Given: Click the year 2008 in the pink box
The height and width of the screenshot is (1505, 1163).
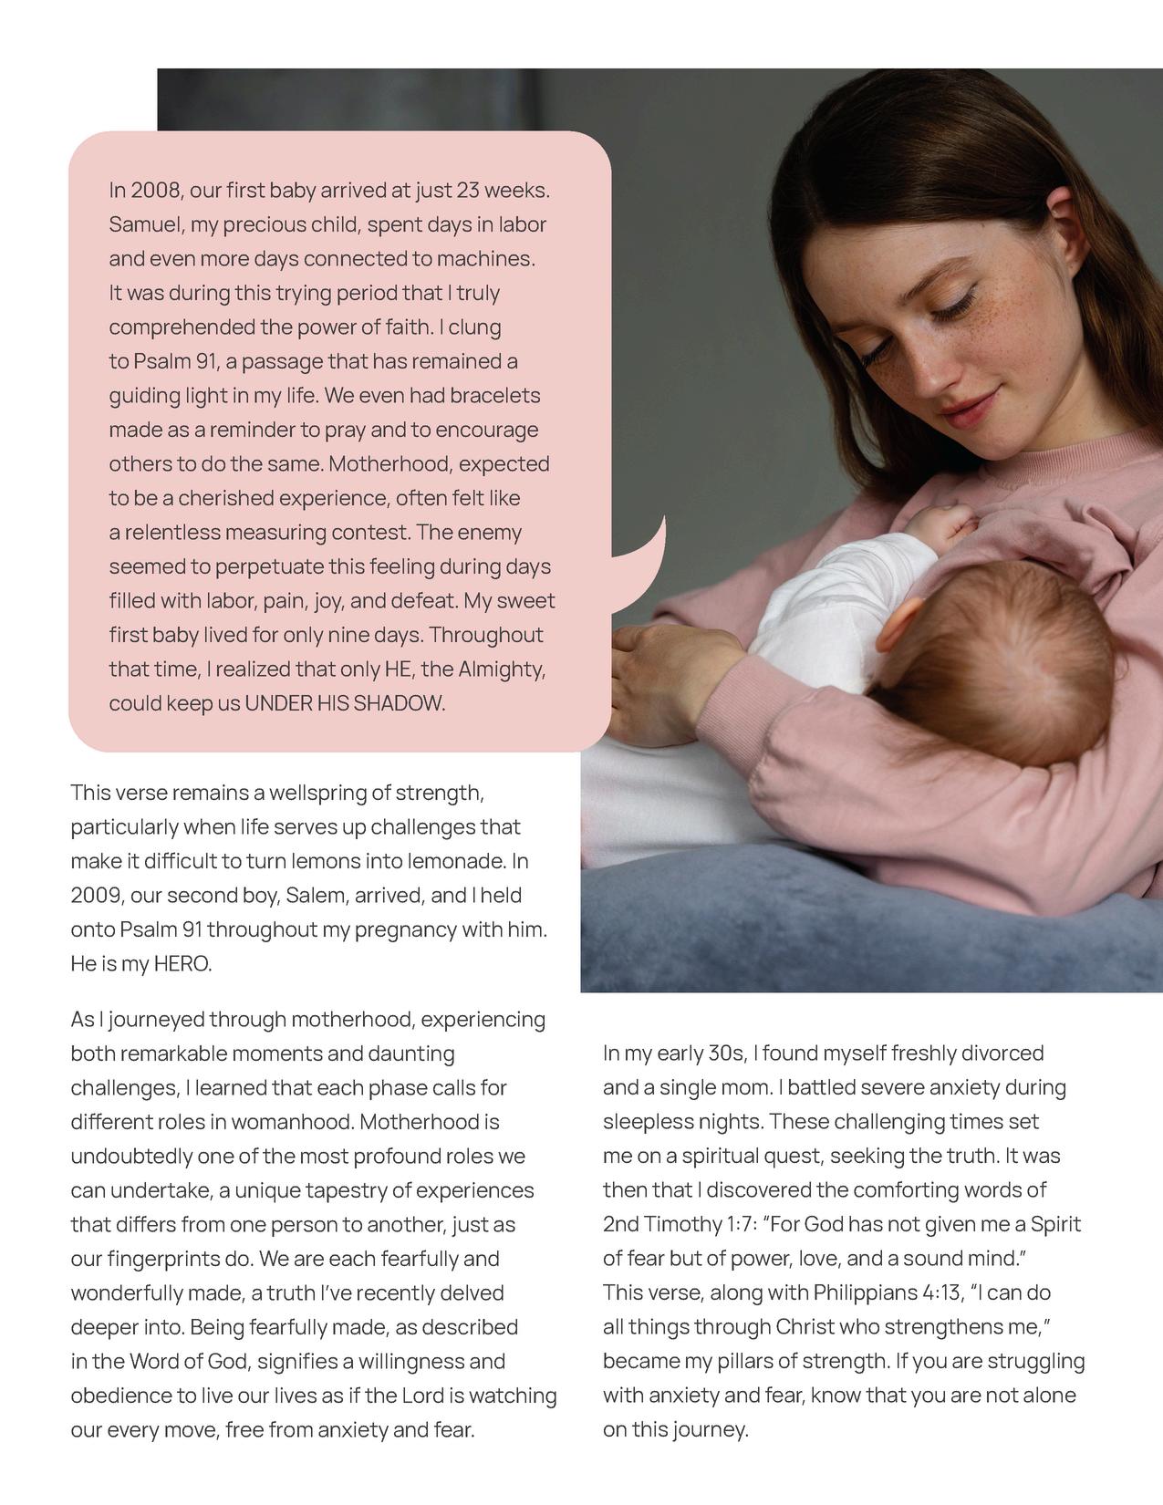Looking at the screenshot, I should coord(157,191).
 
